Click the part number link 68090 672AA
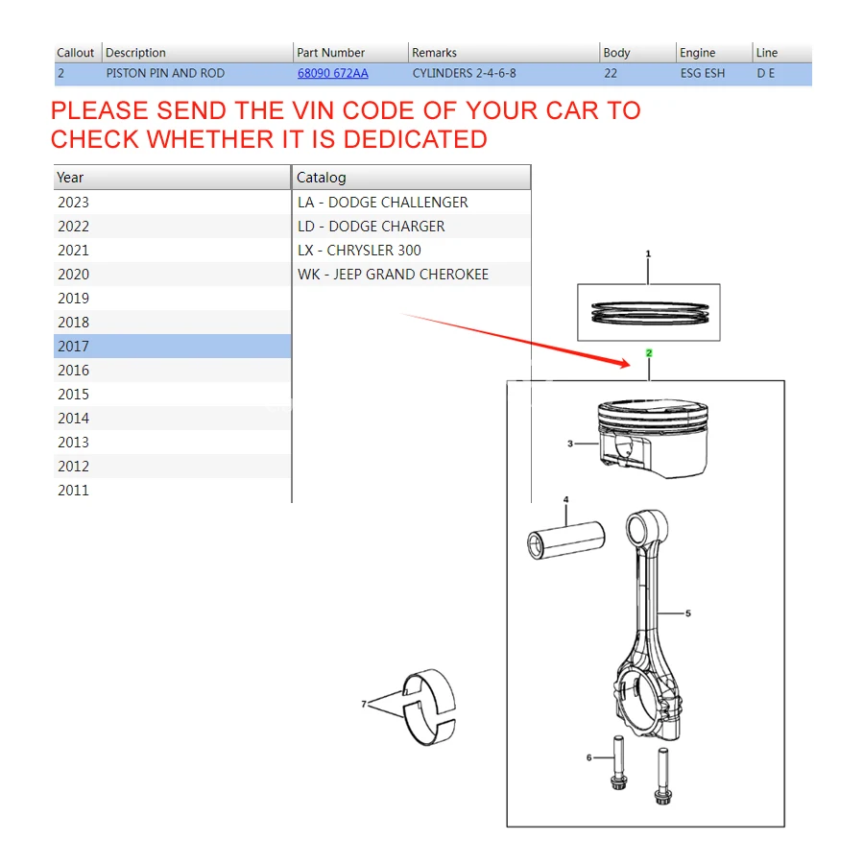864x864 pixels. point(333,73)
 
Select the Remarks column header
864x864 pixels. point(434,53)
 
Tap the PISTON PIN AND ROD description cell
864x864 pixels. point(165,73)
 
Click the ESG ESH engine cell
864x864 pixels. point(703,73)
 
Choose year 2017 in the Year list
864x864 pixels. point(73,346)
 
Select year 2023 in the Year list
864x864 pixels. point(73,203)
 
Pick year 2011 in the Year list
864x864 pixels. point(73,490)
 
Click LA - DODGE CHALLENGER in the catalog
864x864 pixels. point(382,203)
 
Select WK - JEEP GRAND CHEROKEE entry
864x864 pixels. point(393,275)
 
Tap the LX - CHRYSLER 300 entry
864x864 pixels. point(359,251)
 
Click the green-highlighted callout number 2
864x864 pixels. point(649,352)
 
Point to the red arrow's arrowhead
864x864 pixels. point(624,363)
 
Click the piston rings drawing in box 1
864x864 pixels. point(650,313)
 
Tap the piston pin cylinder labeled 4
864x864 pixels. point(565,540)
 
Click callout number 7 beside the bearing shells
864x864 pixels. point(364,704)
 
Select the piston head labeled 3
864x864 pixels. point(653,438)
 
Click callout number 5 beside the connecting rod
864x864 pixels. point(687,612)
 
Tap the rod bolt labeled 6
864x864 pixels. point(618,762)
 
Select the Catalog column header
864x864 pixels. point(322,178)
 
